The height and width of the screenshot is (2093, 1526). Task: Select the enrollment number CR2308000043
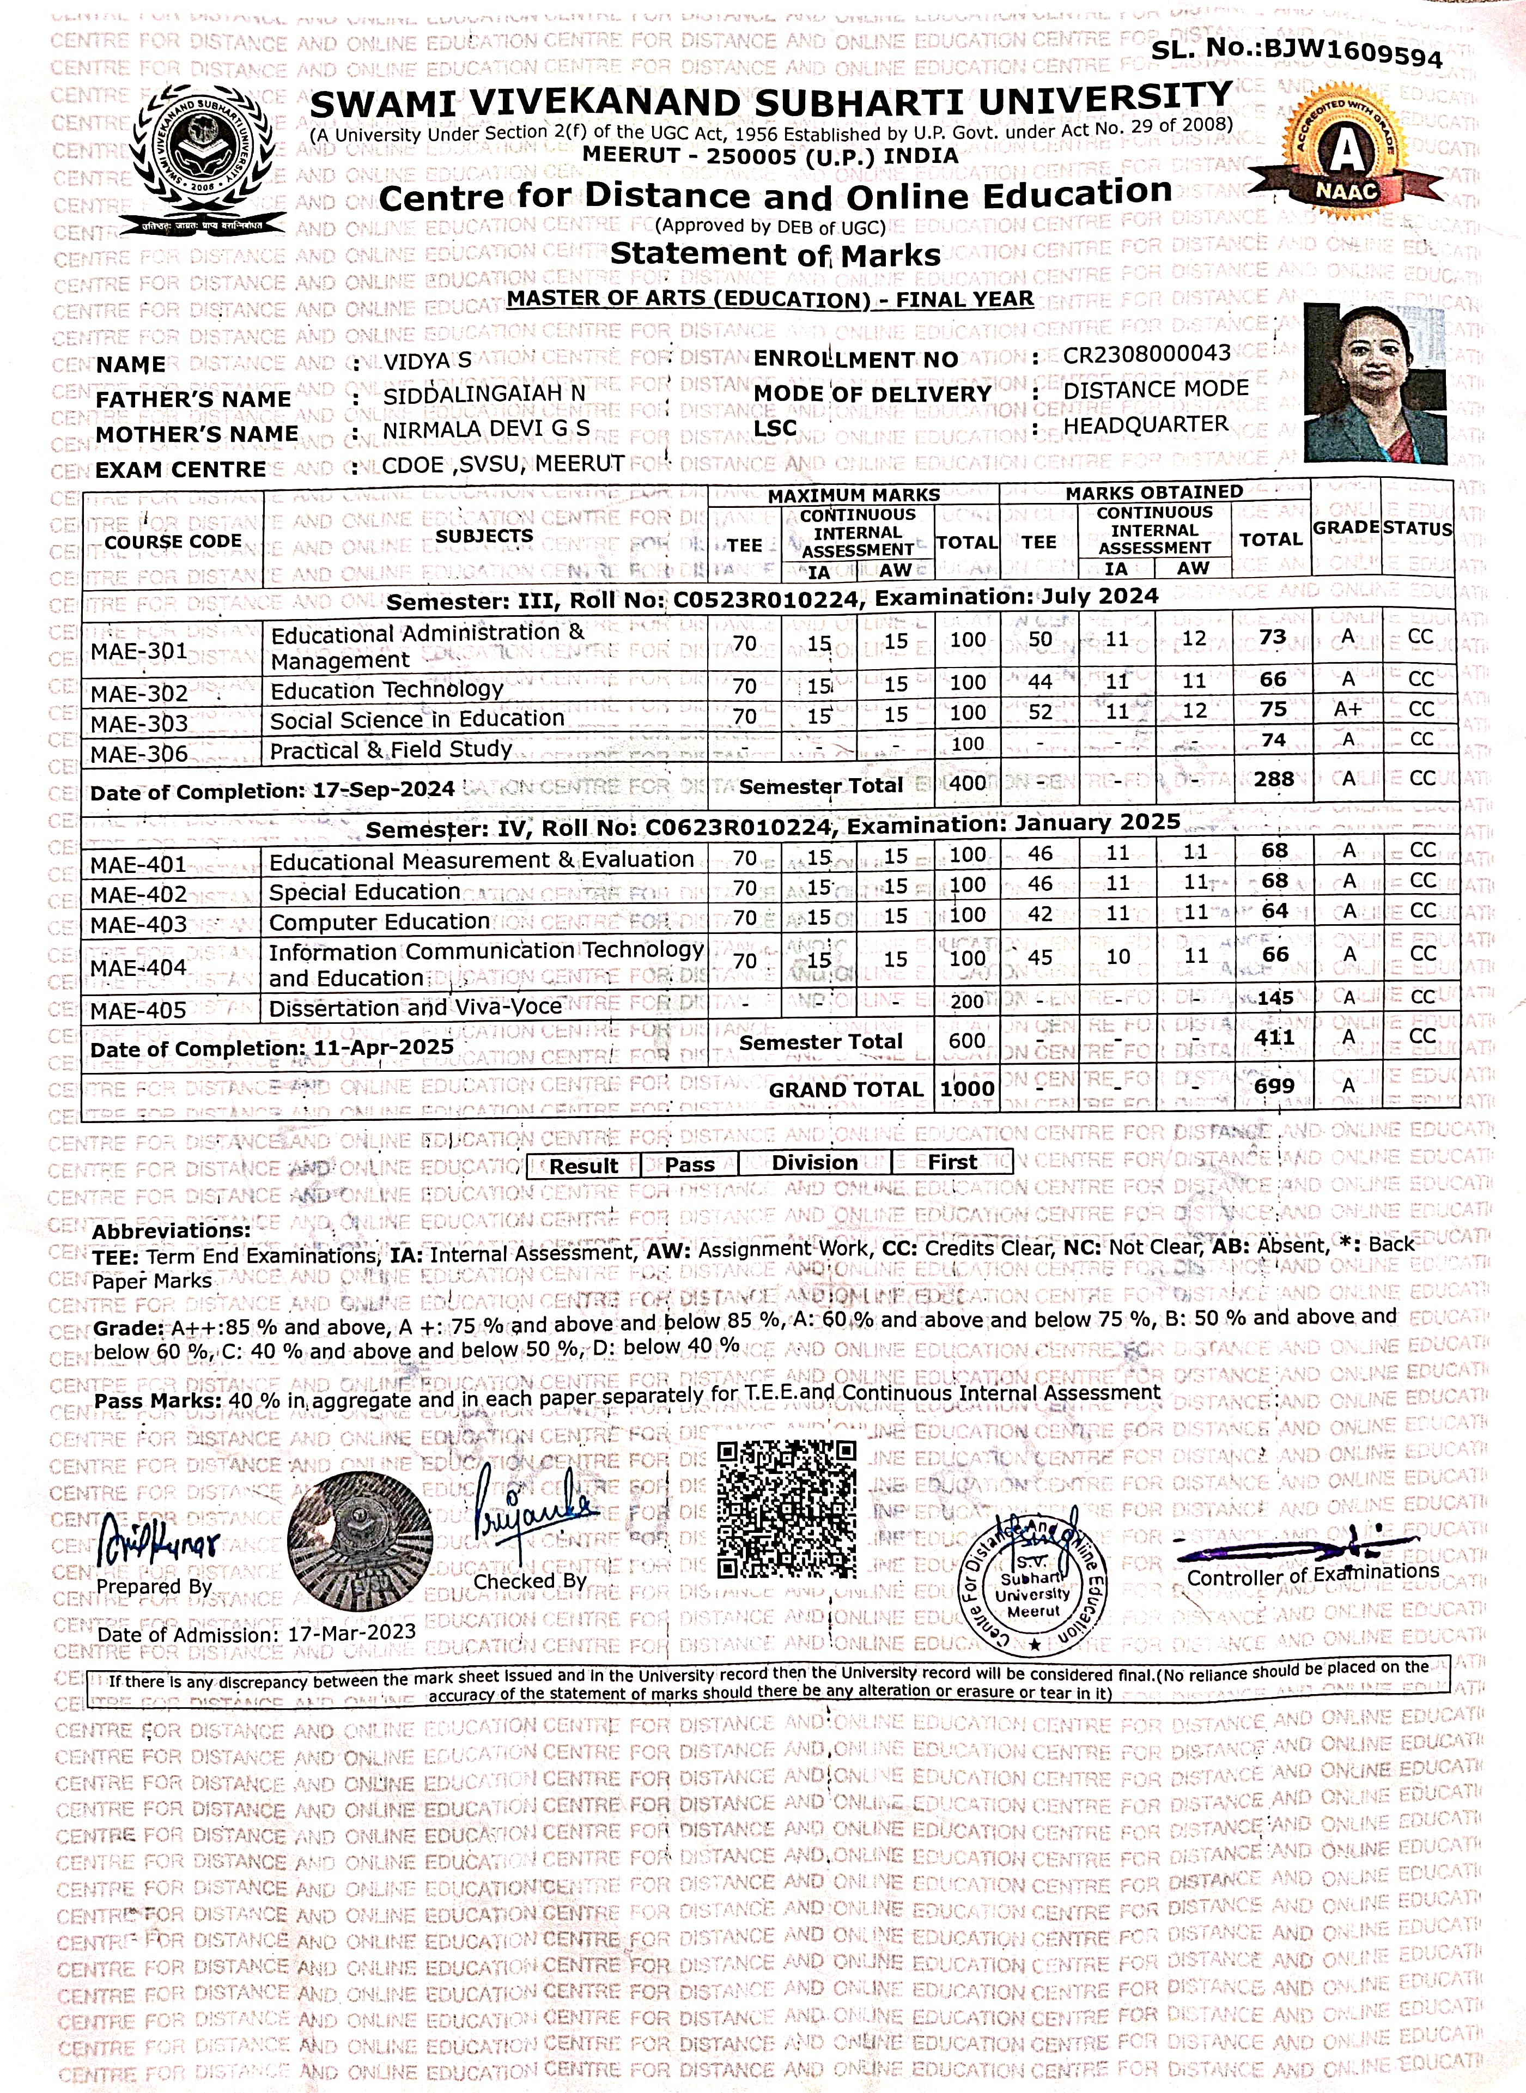point(1146,355)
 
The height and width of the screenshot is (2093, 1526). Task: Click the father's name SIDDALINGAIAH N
point(484,395)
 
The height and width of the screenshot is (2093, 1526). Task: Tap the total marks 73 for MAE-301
point(1272,638)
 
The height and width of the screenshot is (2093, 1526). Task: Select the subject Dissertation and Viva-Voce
point(416,1008)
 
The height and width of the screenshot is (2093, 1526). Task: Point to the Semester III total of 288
point(1274,779)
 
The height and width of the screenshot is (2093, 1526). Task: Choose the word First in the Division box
point(952,1162)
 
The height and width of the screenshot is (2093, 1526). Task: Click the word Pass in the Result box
point(690,1164)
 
